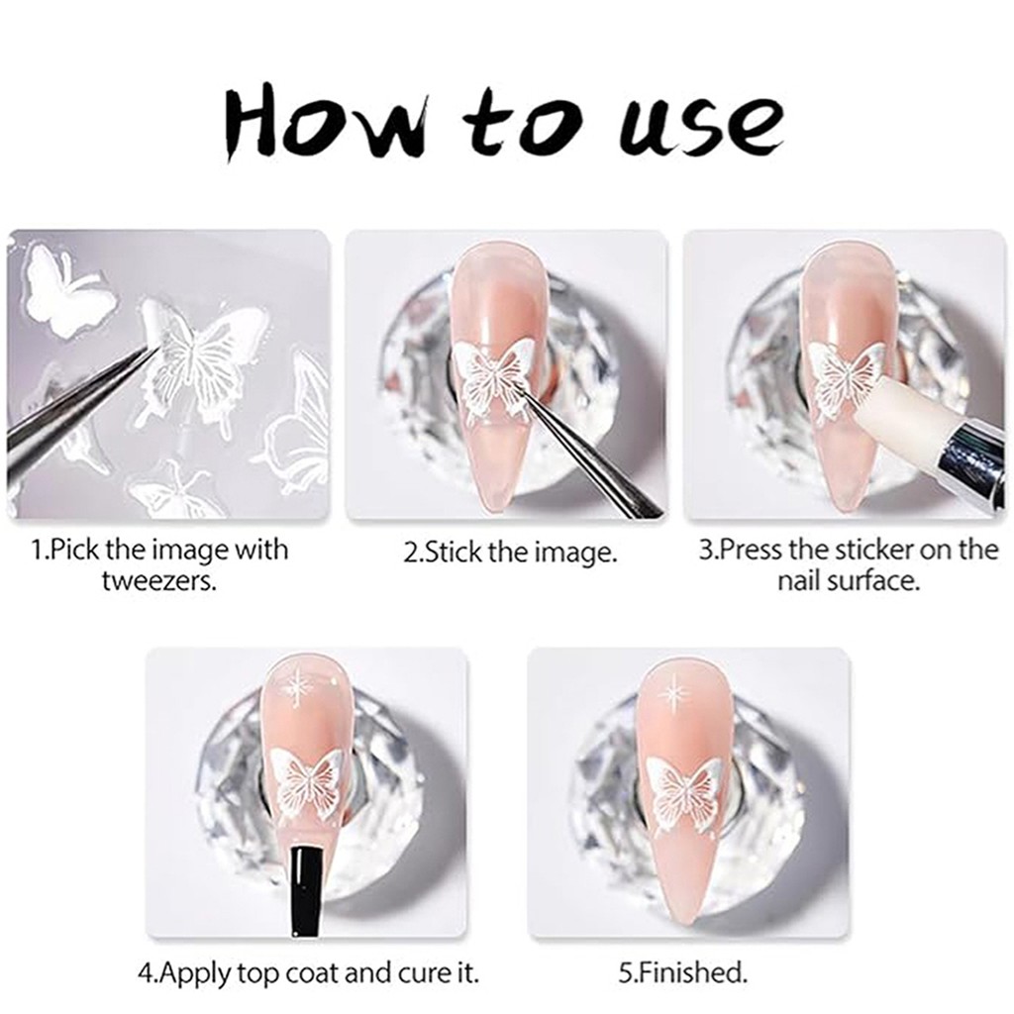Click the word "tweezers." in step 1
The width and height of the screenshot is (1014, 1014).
point(158,581)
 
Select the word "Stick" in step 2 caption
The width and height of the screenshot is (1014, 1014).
point(453,552)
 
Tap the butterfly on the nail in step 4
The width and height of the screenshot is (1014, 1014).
point(305,785)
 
